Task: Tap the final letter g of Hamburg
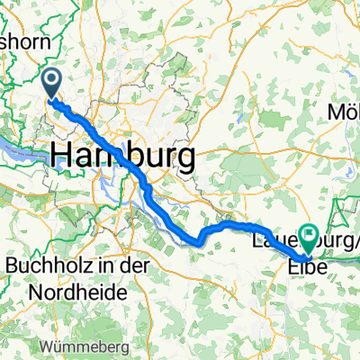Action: pos(184,158)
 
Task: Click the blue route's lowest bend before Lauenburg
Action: pos(193,241)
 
